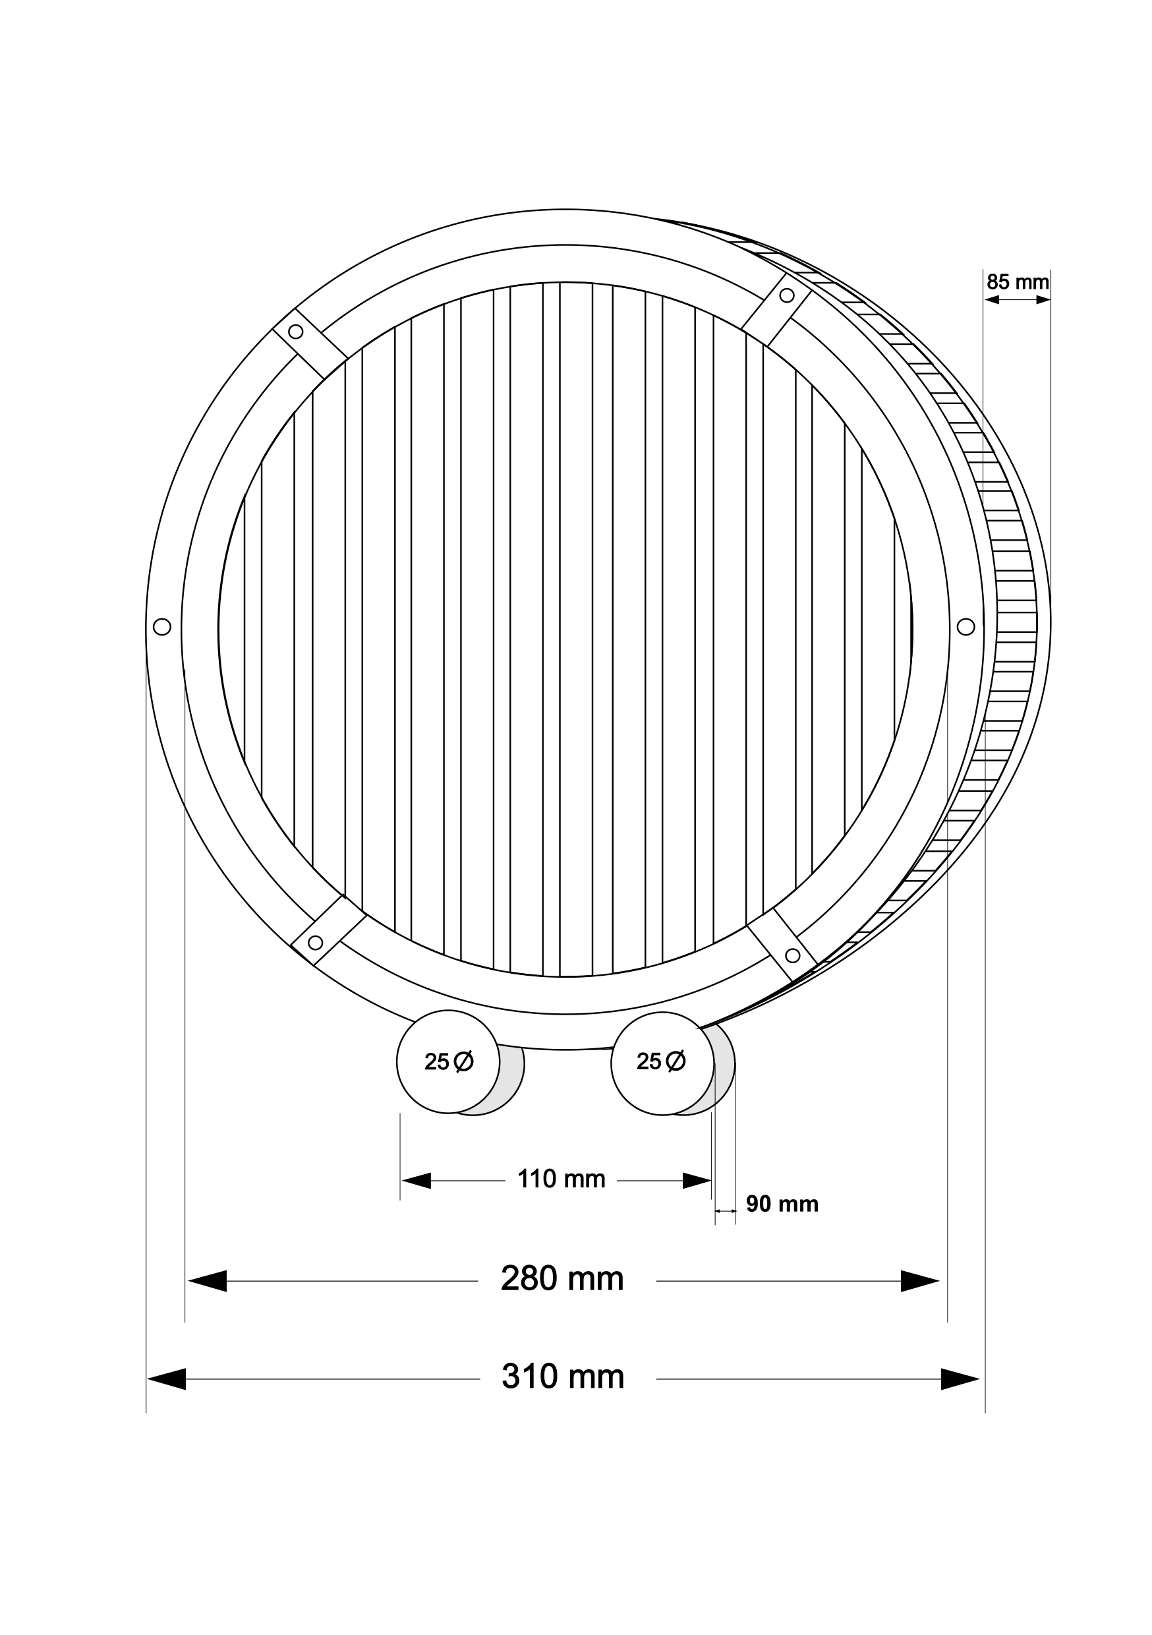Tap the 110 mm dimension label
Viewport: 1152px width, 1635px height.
coord(561,1179)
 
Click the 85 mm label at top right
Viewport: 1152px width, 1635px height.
coord(1018,282)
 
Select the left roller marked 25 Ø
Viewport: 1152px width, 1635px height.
coord(448,1061)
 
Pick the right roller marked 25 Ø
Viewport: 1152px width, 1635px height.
coord(662,1063)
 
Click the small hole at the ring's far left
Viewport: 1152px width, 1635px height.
coord(161,627)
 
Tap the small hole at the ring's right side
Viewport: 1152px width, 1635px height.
coord(965,627)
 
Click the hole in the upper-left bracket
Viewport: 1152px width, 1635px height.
coord(295,332)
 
